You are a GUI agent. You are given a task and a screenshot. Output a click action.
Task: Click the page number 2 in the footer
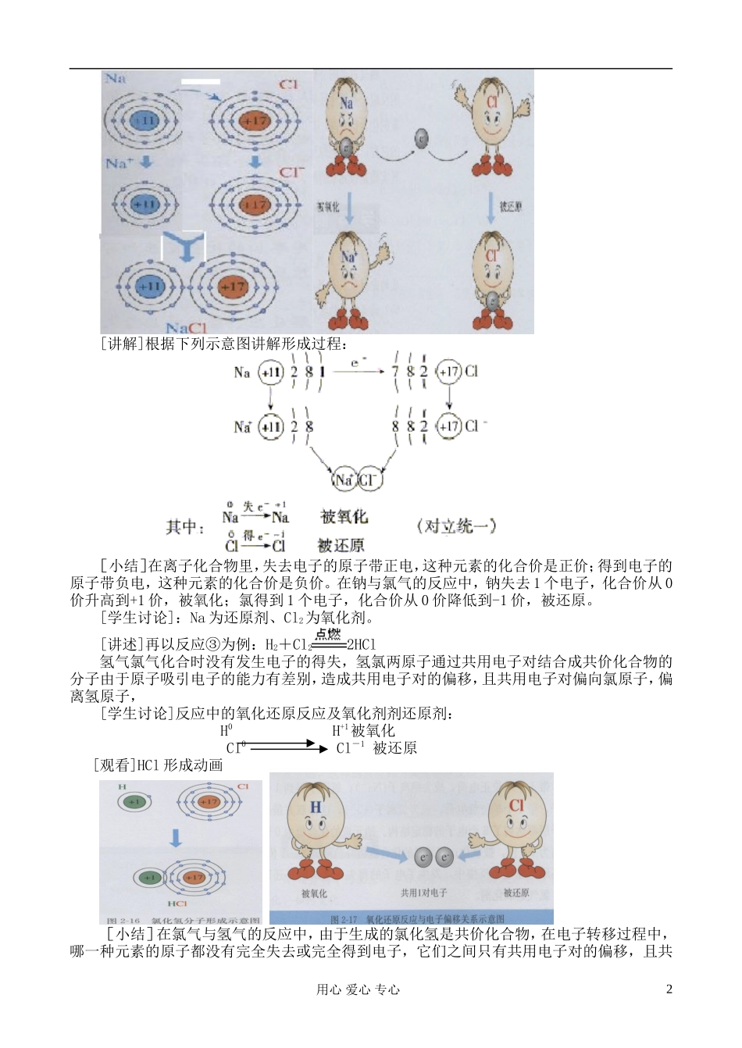(x=669, y=989)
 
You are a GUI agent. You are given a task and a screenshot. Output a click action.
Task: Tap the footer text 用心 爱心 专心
(x=358, y=989)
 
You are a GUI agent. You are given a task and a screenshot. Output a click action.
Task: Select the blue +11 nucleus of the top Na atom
(x=143, y=121)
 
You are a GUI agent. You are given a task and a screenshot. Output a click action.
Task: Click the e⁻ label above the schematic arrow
(x=359, y=362)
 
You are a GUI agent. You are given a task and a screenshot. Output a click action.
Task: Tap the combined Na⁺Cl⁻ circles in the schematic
(x=357, y=479)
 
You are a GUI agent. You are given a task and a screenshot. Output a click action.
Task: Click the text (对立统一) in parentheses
(x=457, y=526)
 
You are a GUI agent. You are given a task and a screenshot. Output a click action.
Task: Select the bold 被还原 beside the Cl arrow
(x=341, y=545)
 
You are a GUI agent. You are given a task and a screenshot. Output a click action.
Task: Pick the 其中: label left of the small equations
(x=185, y=528)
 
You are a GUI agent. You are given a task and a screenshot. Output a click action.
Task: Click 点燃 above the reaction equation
(x=328, y=634)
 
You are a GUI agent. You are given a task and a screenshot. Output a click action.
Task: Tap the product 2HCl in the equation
(x=362, y=645)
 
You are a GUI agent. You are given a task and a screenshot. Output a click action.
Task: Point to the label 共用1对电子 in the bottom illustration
(x=423, y=893)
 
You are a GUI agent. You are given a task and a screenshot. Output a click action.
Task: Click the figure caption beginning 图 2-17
(x=417, y=919)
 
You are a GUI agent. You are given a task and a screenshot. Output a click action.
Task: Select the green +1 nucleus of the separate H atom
(x=134, y=802)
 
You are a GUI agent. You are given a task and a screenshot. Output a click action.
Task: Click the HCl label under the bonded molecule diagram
(x=177, y=904)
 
